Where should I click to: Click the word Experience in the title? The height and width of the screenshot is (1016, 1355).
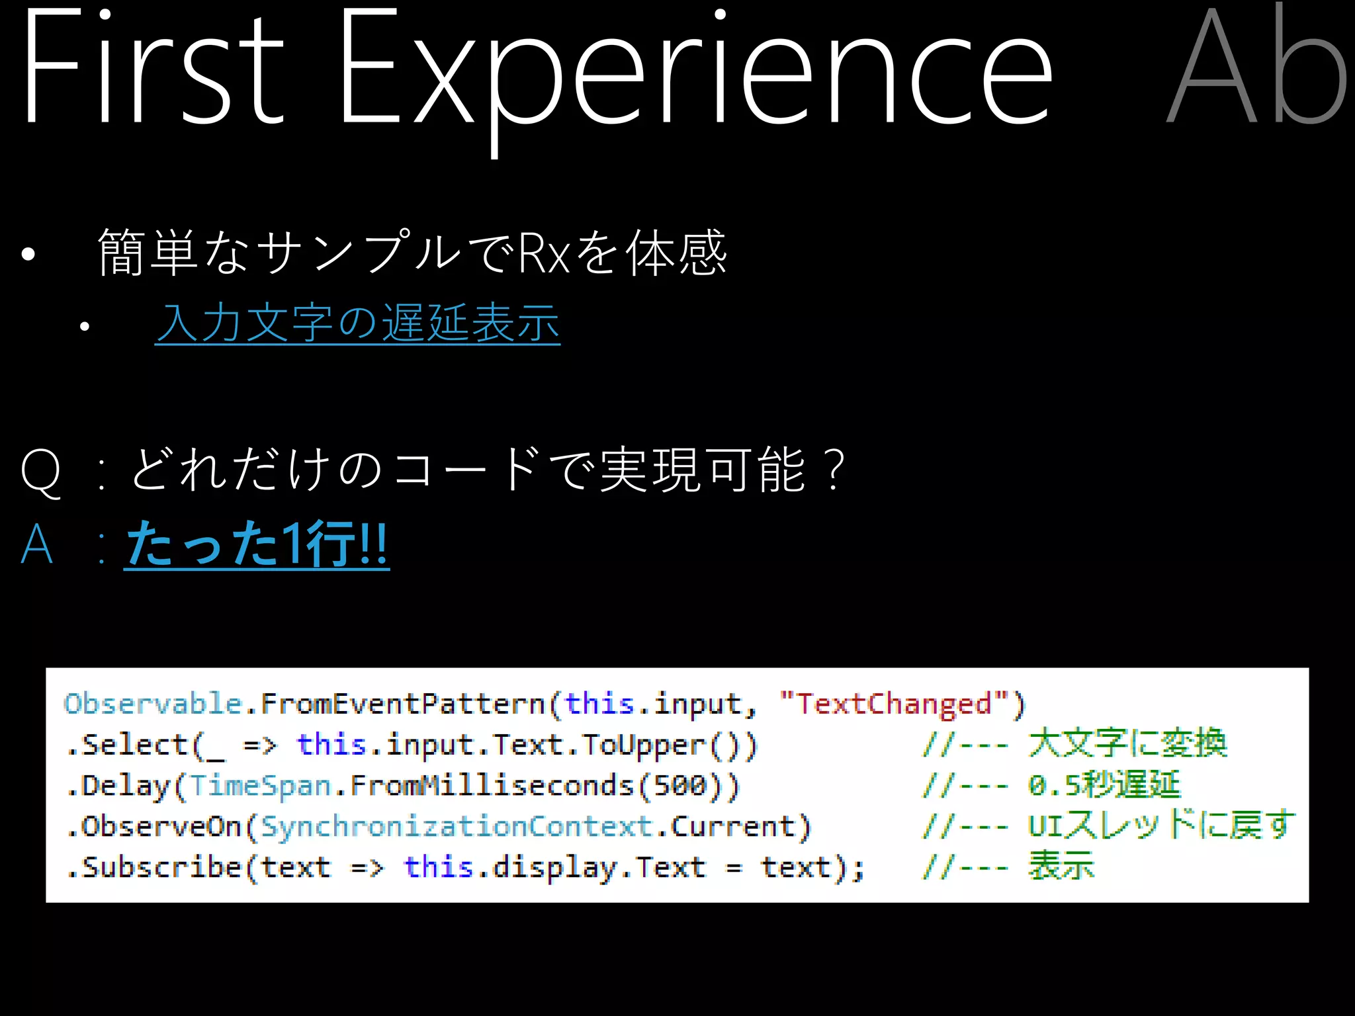coord(695,73)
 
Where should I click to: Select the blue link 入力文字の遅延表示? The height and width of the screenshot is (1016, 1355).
coord(357,323)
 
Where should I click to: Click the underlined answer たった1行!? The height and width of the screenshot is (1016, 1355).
coord(257,544)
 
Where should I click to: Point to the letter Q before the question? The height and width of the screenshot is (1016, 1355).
coord(41,471)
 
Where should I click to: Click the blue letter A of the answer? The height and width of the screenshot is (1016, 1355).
coord(37,544)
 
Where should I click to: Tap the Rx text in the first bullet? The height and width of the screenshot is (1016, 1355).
coord(544,253)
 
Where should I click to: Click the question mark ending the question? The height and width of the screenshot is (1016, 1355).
coord(836,470)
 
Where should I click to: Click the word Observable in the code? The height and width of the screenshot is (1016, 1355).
coord(153,704)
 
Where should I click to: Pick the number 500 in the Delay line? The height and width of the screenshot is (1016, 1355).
coord(679,786)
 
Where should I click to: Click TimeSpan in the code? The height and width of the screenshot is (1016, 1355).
coord(260,786)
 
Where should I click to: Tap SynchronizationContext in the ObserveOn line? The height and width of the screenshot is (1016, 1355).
coord(457,827)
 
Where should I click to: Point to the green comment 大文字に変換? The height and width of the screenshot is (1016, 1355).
coord(1127,743)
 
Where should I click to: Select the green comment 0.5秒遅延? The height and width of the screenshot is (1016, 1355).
coord(1104,785)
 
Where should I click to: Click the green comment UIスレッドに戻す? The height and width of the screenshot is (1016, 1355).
coord(1161,825)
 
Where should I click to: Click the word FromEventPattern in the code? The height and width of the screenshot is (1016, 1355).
coord(402,704)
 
